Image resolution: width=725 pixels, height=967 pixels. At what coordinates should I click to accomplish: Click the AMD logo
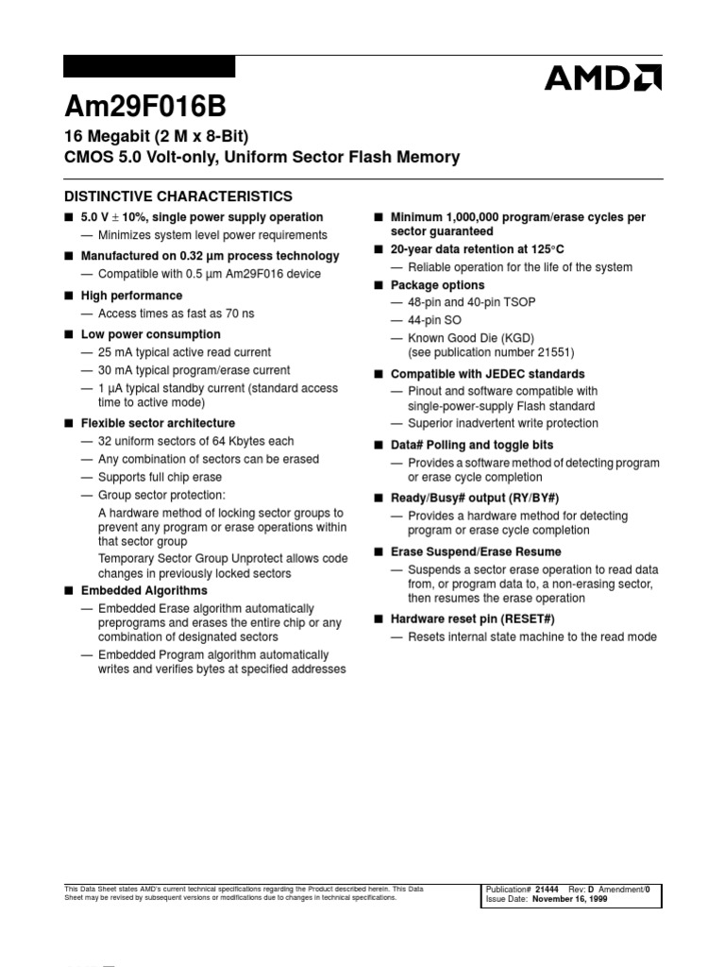tap(602, 77)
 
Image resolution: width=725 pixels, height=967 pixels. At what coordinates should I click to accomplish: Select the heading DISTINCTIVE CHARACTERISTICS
tap(177, 196)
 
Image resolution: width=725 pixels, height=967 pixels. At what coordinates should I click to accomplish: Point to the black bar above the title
tap(148, 66)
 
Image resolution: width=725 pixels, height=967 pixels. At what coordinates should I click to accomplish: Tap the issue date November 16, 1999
tap(569, 900)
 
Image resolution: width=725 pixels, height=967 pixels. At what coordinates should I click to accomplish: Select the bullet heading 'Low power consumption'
tap(150, 334)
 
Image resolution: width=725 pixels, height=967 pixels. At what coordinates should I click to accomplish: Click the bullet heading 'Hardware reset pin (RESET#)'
tap(472, 619)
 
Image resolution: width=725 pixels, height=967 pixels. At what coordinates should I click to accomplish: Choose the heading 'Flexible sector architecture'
tap(158, 423)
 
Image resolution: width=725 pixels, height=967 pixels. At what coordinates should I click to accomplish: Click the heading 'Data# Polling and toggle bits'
tap(472, 445)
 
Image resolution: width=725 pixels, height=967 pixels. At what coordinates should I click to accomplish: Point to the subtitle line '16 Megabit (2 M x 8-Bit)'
tap(156, 135)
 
